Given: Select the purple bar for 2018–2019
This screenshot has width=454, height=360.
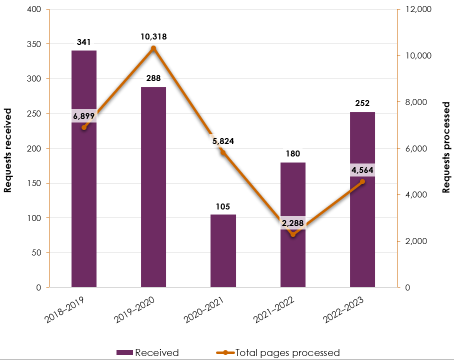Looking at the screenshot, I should click(x=83, y=200).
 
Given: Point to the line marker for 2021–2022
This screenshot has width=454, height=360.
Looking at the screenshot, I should click(x=292, y=234).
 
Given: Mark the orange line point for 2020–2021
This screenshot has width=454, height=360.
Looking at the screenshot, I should click(x=223, y=152).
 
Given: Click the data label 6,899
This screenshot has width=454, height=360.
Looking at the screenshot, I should click(x=83, y=116).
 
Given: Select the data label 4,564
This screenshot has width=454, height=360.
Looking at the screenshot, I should click(x=362, y=169).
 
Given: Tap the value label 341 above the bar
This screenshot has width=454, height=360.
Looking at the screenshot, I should click(x=83, y=42).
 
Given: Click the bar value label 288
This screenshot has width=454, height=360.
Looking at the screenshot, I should click(x=153, y=78).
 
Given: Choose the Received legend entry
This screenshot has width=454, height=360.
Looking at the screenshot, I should click(x=147, y=352).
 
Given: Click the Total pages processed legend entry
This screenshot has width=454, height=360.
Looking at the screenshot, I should click(x=280, y=352).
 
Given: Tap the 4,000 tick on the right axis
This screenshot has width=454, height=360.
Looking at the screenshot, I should click(x=413, y=195).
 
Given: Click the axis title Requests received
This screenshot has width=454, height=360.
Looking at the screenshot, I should click(x=8, y=148).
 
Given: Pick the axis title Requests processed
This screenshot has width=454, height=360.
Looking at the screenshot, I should click(x=446, y=148).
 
